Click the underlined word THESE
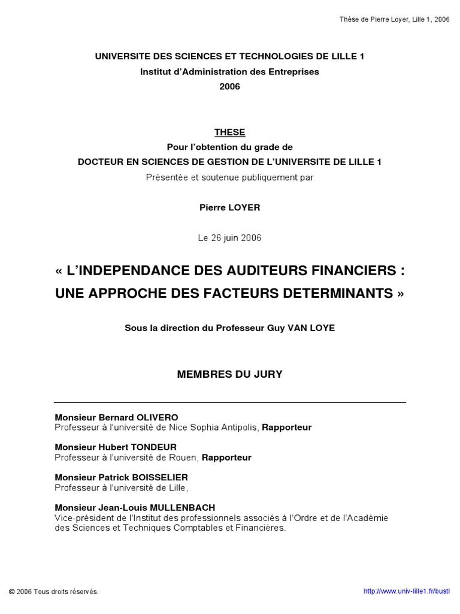pyautogui.click(x=229, y=133)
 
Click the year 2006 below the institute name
pyautogui.click(x=229, y=86)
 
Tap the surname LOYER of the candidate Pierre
pyautogui.click(x=244, y=207)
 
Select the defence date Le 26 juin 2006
pyautogui.click(x=229, y=238)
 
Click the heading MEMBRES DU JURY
pyautogui.click(x=229, y=374)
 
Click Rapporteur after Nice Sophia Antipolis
pyautogui.click(x=287, y=428)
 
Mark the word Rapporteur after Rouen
pyautogui.click(x=226, y=458)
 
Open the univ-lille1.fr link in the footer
pyautogui.click(x=406, y=591)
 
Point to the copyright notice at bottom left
pyautogui.click(x=54, y=591)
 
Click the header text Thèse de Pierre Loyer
pyautogui.click(x=394, y=19)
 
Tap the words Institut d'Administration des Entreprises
pyautogui.click(x=229, y=71)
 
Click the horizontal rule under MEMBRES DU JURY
pyautogui.click(x=229, y=402)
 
